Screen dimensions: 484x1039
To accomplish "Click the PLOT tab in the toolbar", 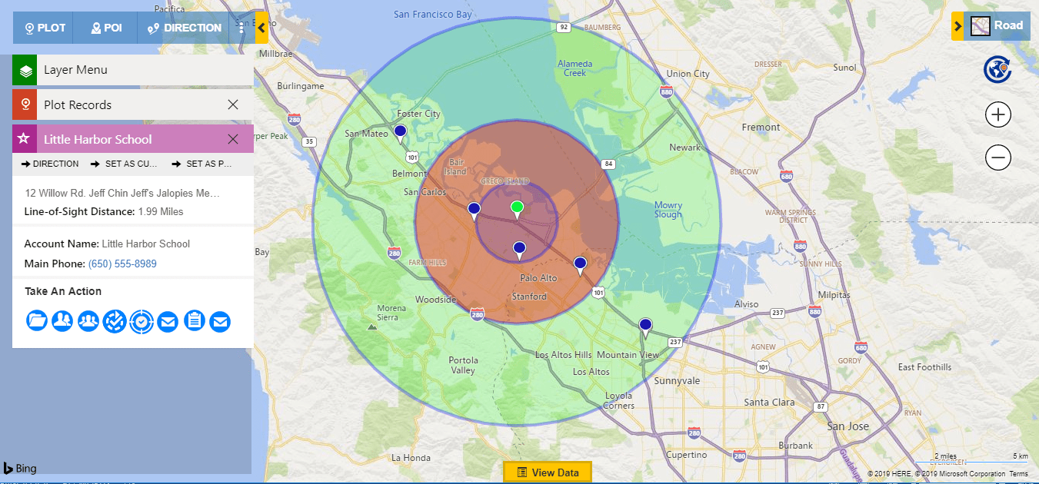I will click(x=45, y=28).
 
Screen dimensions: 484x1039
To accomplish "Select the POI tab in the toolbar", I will click(x=106, y=28).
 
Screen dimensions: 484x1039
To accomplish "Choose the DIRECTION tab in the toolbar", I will click(x=185, y=28).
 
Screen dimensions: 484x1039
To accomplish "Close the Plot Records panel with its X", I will click(x=233, y=104).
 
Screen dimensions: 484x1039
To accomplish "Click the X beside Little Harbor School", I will click(x=233, y=139).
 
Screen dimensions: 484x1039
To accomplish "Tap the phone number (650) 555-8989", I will click(x=122, y=264).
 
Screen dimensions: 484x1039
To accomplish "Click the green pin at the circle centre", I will click(x=518, y=207).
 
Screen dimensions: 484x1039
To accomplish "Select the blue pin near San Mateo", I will click(x=400, y=132).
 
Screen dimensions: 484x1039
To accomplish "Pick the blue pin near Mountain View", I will click(x=645, y=326).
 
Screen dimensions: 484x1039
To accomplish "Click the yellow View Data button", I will click(x=547, y=472).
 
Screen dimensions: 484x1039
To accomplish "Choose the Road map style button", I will click(x=997, y=26).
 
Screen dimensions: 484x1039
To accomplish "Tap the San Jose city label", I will click(x=847, y=426).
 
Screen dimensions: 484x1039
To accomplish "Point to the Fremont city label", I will click(x=761, y=128).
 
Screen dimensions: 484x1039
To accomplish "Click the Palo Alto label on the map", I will click(x=538, y=278).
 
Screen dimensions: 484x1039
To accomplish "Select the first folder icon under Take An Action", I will click(x=36, y=320).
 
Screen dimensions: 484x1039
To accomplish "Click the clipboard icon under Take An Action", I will click(x=195, y=320).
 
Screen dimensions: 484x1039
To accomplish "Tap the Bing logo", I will click(x=20, y=468).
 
